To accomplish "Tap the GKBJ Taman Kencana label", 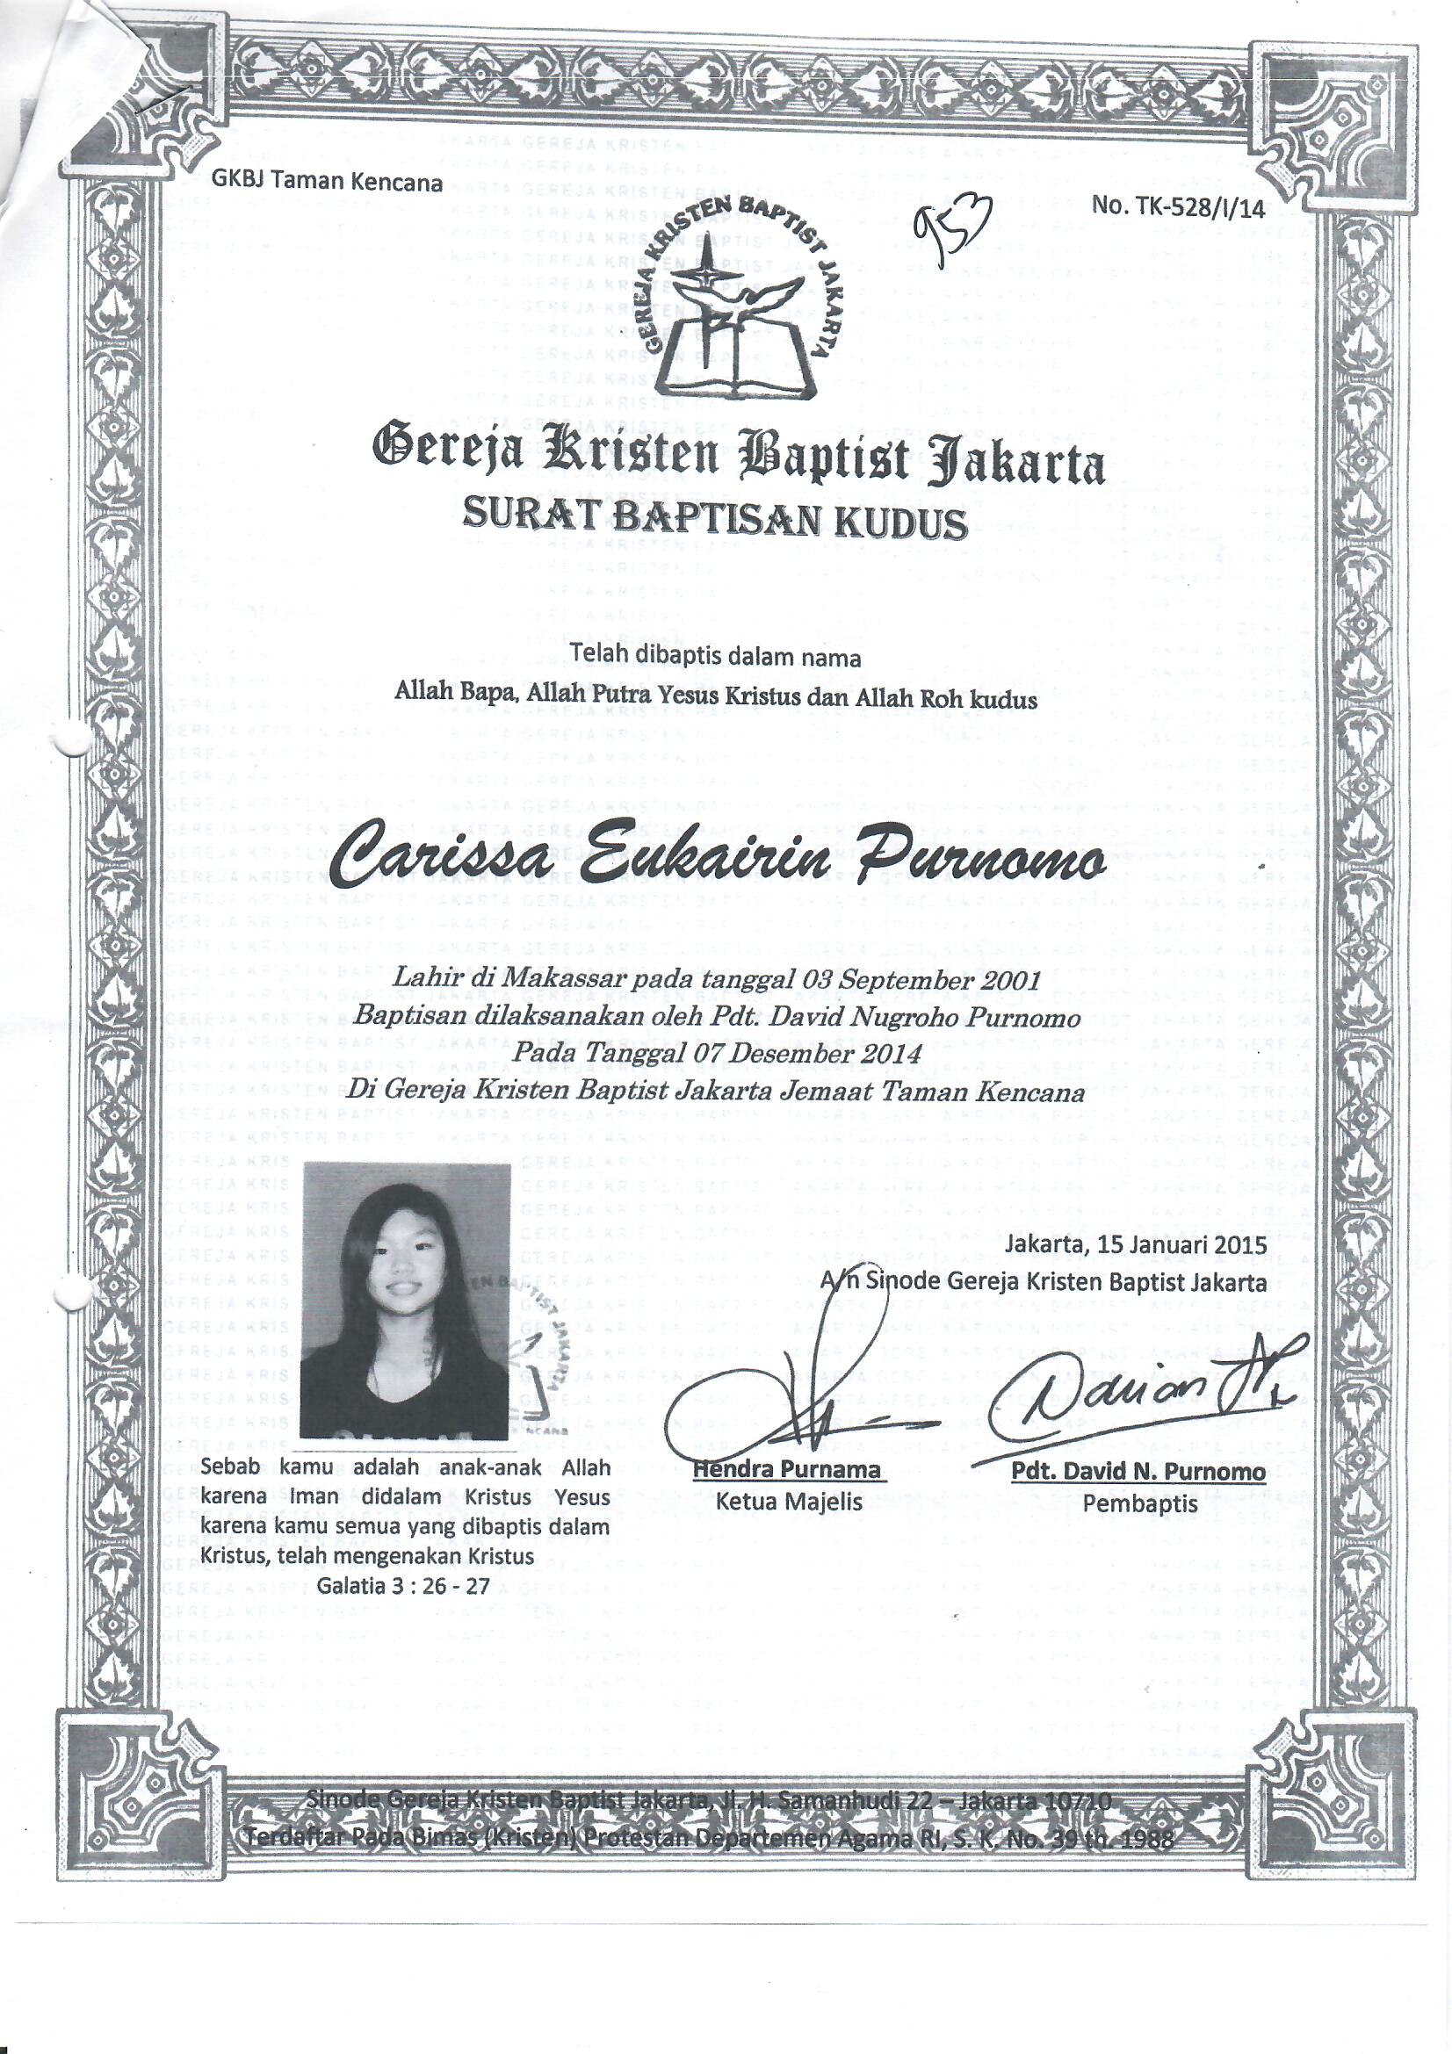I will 327,182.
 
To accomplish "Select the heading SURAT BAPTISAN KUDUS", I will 714,521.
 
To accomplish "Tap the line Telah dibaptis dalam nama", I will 716,658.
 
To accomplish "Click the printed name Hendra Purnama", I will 787,1470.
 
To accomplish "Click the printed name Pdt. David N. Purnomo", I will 1138,1473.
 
